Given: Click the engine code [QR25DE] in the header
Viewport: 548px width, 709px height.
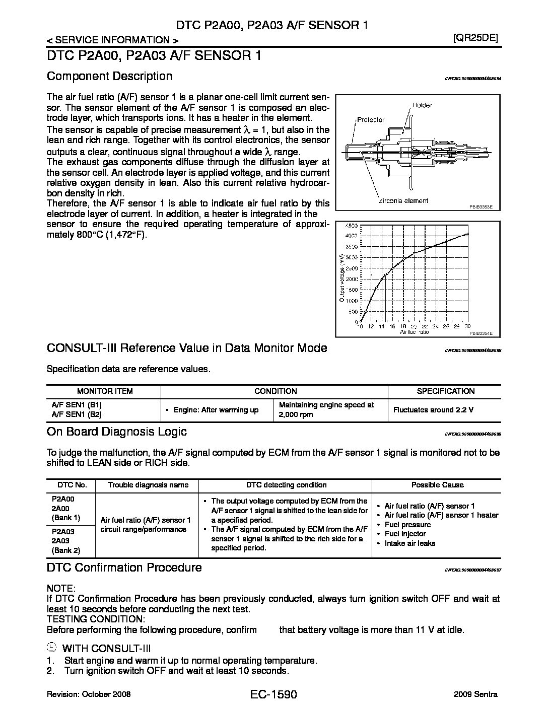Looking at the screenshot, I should pos(475,38).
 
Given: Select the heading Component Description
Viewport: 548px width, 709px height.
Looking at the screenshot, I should pos(109,76).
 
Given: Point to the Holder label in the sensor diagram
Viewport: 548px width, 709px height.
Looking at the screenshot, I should pos(422,105).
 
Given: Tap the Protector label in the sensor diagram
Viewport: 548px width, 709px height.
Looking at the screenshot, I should pos(371,120).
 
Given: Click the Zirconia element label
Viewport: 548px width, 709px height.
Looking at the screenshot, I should pos(403,200).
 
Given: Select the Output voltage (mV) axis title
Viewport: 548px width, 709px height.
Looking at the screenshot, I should pos(342,277).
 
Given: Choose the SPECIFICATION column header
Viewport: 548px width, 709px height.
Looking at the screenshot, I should pos(445,391).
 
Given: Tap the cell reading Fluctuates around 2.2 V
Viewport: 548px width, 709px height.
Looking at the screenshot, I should pos(433,410).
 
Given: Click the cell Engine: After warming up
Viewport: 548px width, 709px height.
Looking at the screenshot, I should pos(216,410).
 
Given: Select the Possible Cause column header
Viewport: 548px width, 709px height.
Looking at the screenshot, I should pos(437,485).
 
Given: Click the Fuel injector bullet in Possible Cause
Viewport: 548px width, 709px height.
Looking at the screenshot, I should pos(405,534).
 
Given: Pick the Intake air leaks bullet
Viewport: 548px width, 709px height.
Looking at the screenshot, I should pos(409,543).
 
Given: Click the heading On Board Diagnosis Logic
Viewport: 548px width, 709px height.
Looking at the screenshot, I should pos(116,432).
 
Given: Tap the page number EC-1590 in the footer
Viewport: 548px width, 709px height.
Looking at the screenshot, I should pos(273,695).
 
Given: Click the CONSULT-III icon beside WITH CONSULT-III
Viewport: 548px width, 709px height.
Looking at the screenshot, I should pos(51,648).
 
